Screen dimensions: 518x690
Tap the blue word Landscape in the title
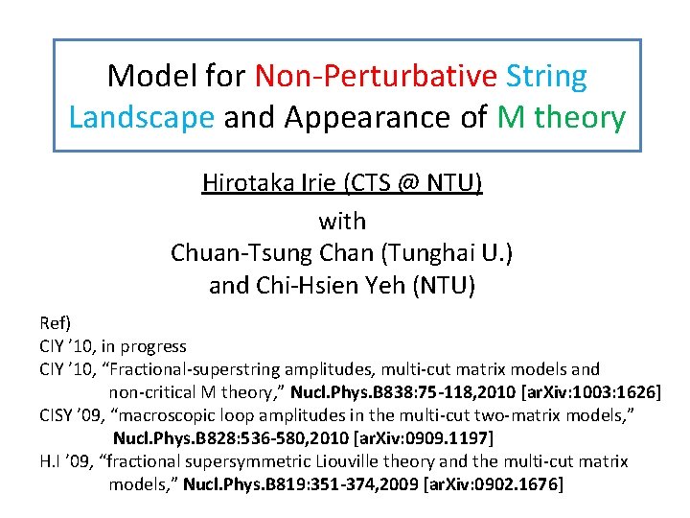(142, 117)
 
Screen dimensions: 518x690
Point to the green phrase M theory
(562, 117)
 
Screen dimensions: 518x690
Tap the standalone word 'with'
(342, 222)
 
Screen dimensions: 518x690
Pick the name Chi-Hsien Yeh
(334, 286)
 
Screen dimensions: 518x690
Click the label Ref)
(56, 322)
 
